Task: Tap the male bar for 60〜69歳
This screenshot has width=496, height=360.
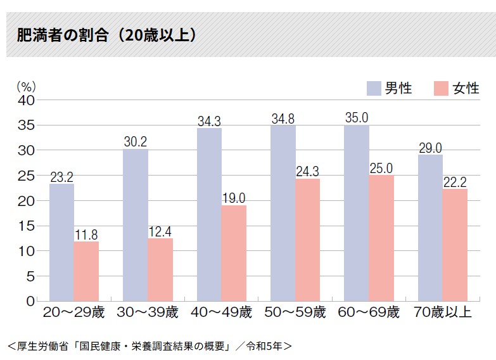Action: [357, 213]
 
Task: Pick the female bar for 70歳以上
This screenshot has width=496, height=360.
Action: [455, 245]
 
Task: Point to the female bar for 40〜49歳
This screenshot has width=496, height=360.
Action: [234, 253]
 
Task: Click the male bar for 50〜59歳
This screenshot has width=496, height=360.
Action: [283, 213]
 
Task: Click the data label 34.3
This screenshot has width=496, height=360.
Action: [209, 120]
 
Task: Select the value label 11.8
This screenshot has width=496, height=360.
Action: [86, 234]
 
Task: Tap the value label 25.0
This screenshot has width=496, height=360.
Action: [381, 168]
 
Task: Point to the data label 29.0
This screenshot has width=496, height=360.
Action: [431, 148]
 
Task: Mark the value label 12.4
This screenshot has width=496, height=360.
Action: [160, 231]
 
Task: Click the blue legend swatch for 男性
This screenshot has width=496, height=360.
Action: [374, 88]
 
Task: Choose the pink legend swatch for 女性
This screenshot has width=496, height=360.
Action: [441, 88]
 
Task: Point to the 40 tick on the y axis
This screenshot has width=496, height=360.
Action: [27, 100]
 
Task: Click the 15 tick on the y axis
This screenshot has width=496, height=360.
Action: [27, 226]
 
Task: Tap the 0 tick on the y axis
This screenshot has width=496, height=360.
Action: [30, 301]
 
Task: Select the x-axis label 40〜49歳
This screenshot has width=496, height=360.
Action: [221, 312]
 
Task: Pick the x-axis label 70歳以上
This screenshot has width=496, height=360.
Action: [443, 312]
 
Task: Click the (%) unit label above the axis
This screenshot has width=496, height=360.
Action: [26, 86]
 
